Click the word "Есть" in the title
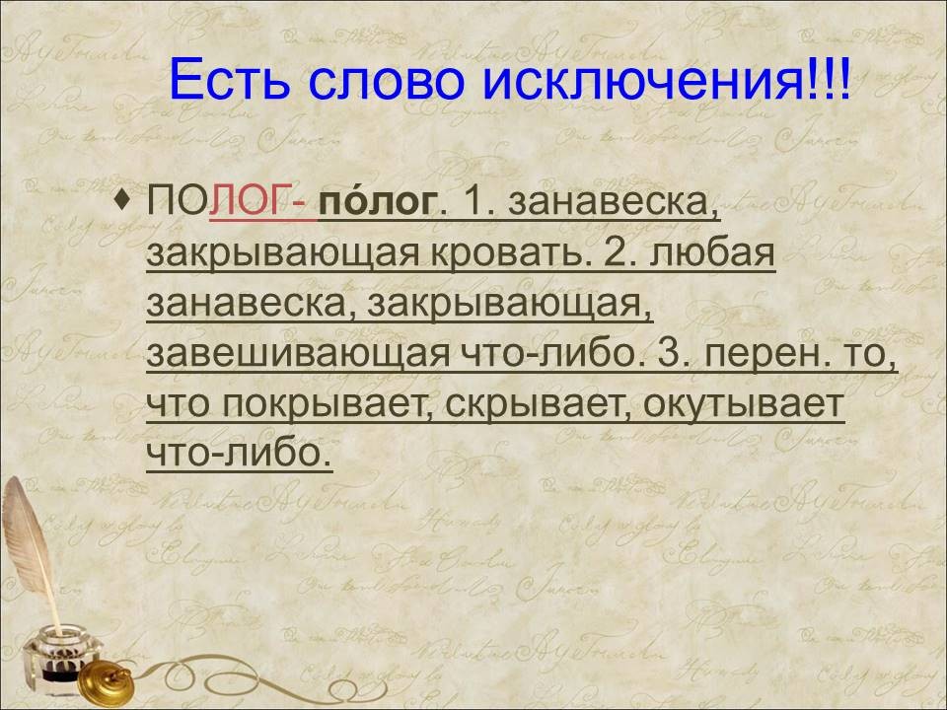[229, 80]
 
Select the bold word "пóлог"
[378, 201]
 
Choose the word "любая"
[712, 251]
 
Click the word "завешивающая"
[298, 353]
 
